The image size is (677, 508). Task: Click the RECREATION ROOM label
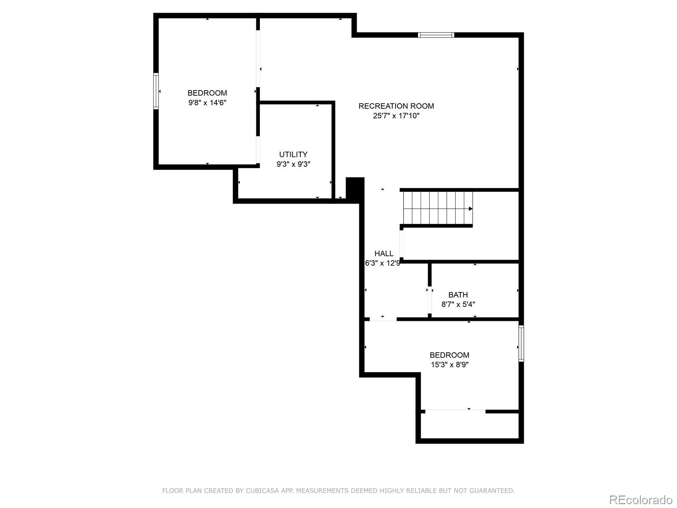point(396,106)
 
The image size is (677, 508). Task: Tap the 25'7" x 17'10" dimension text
point(396,116)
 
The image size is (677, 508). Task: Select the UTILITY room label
point(293,155)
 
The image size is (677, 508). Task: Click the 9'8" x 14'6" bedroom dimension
point(207,102)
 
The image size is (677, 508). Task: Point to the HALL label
point(384,254)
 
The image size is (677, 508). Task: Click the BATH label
point(458,295)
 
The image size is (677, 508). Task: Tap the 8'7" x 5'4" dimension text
point(458,304)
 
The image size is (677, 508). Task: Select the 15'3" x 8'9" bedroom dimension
point(449,364)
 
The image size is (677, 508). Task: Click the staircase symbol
point(438,208)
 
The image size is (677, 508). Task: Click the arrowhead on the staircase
point(471,209)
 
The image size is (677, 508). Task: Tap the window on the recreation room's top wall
point(436,35)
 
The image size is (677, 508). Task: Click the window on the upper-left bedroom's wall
point(156,91)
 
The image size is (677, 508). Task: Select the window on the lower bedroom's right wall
point(521,343)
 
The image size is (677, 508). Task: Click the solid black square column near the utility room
point(355,187)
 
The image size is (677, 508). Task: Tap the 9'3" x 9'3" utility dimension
point(293,164)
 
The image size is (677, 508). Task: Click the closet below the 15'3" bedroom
point(470,426)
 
